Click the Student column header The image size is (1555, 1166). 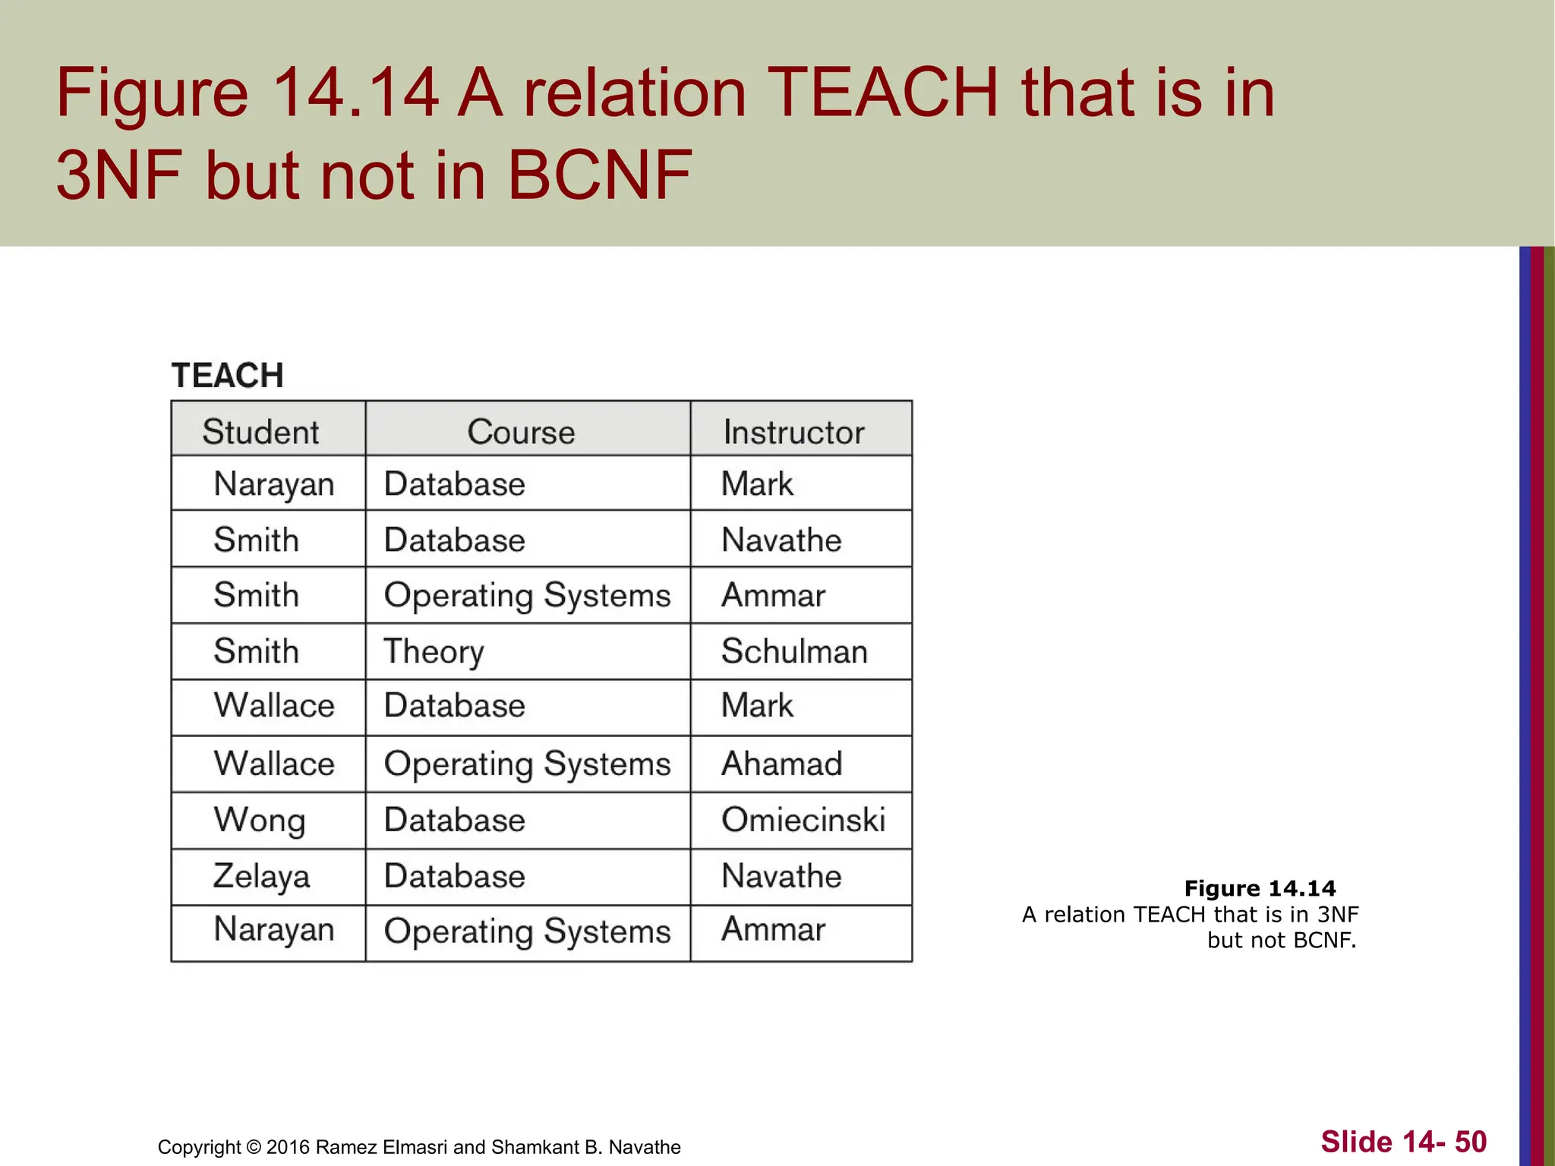[x=260, y=431]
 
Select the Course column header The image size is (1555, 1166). [x=521, y=431]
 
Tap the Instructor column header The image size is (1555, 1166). [x=793, y=432]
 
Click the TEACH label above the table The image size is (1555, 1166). [x=227, y=376]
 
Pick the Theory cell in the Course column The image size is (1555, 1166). [x=434, y=651]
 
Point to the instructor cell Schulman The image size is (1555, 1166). [x=793, y=651]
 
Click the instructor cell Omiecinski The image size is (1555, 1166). [x=803, y=820]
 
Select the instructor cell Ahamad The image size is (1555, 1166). [x=781, y=764]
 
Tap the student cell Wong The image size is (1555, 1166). [x=260, y=821]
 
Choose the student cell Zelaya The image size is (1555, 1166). [x=261, y=876]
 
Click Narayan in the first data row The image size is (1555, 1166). [x=273, y=484]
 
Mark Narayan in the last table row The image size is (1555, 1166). [x=273, y=930]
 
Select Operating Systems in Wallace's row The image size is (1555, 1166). [x=527, y=764]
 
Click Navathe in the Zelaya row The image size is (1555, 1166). [x=781, y=876]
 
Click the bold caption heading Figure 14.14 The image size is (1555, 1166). [x=1260, y=888]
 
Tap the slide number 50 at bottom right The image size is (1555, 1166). [x=1471, y=1142]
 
